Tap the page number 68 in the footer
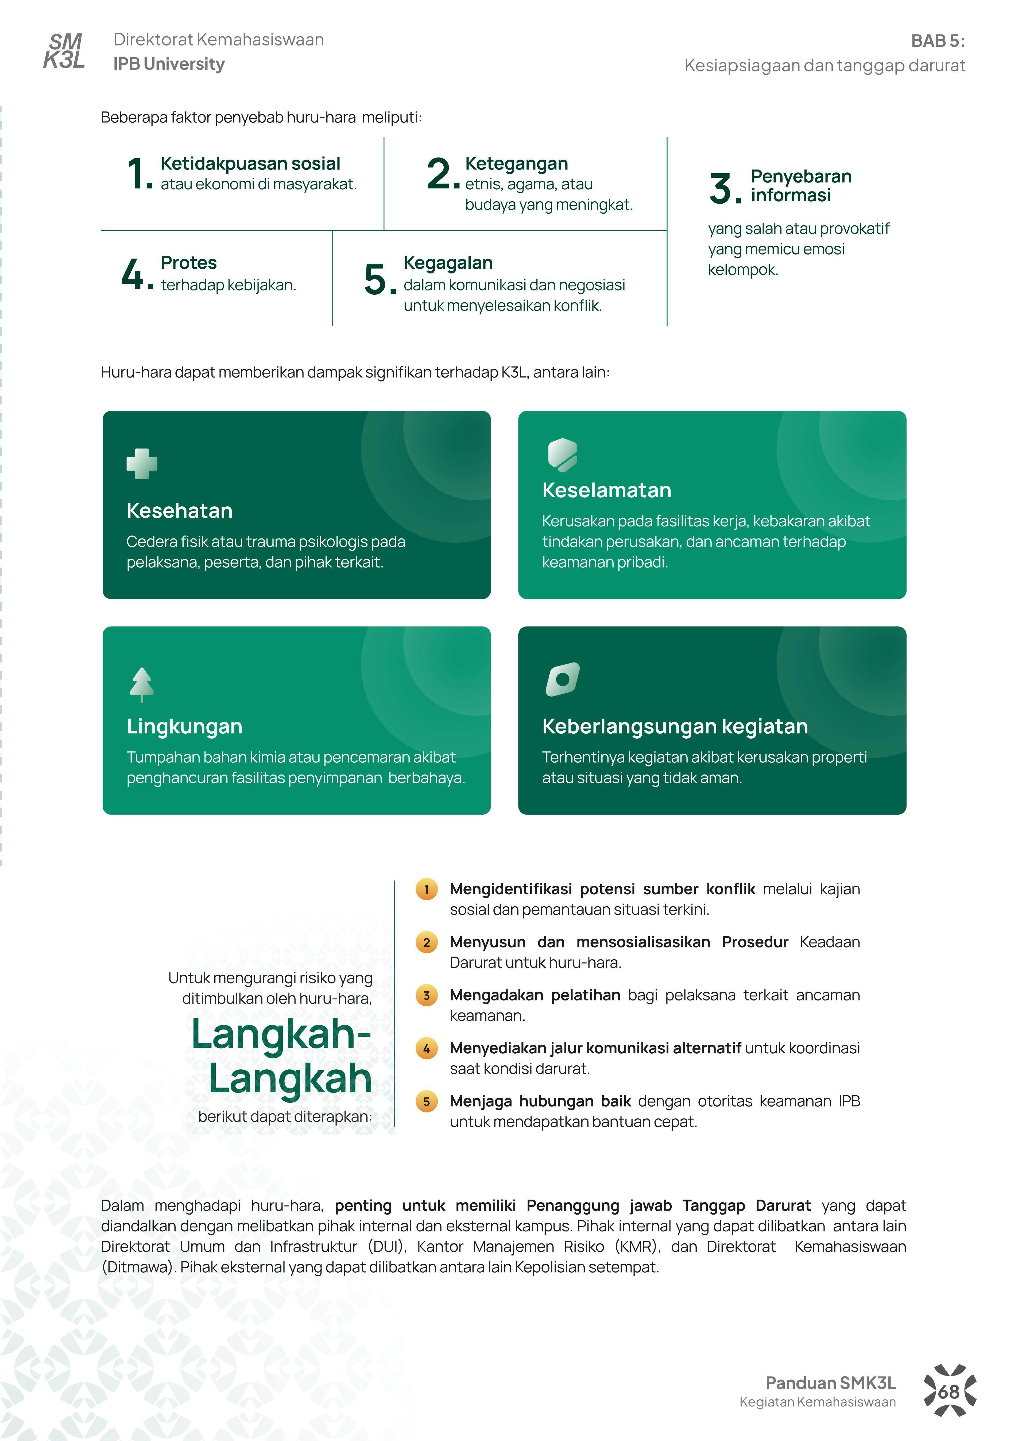coord(949,1392)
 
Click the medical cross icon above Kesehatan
coord(142,464)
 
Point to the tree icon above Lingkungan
coord(142,683)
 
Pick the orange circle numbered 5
coord(427,1101)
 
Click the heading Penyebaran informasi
coord(801,186)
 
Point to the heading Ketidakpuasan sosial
coord(250,164)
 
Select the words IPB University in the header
coord(169,64)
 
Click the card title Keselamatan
coord(606,490)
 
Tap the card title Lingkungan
coord(184,726)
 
